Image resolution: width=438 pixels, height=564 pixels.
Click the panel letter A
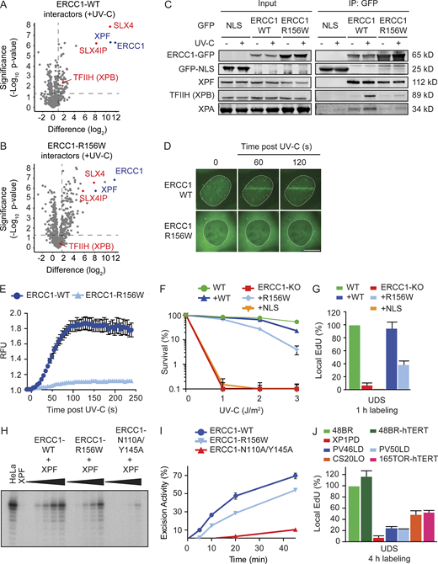point(6,7)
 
